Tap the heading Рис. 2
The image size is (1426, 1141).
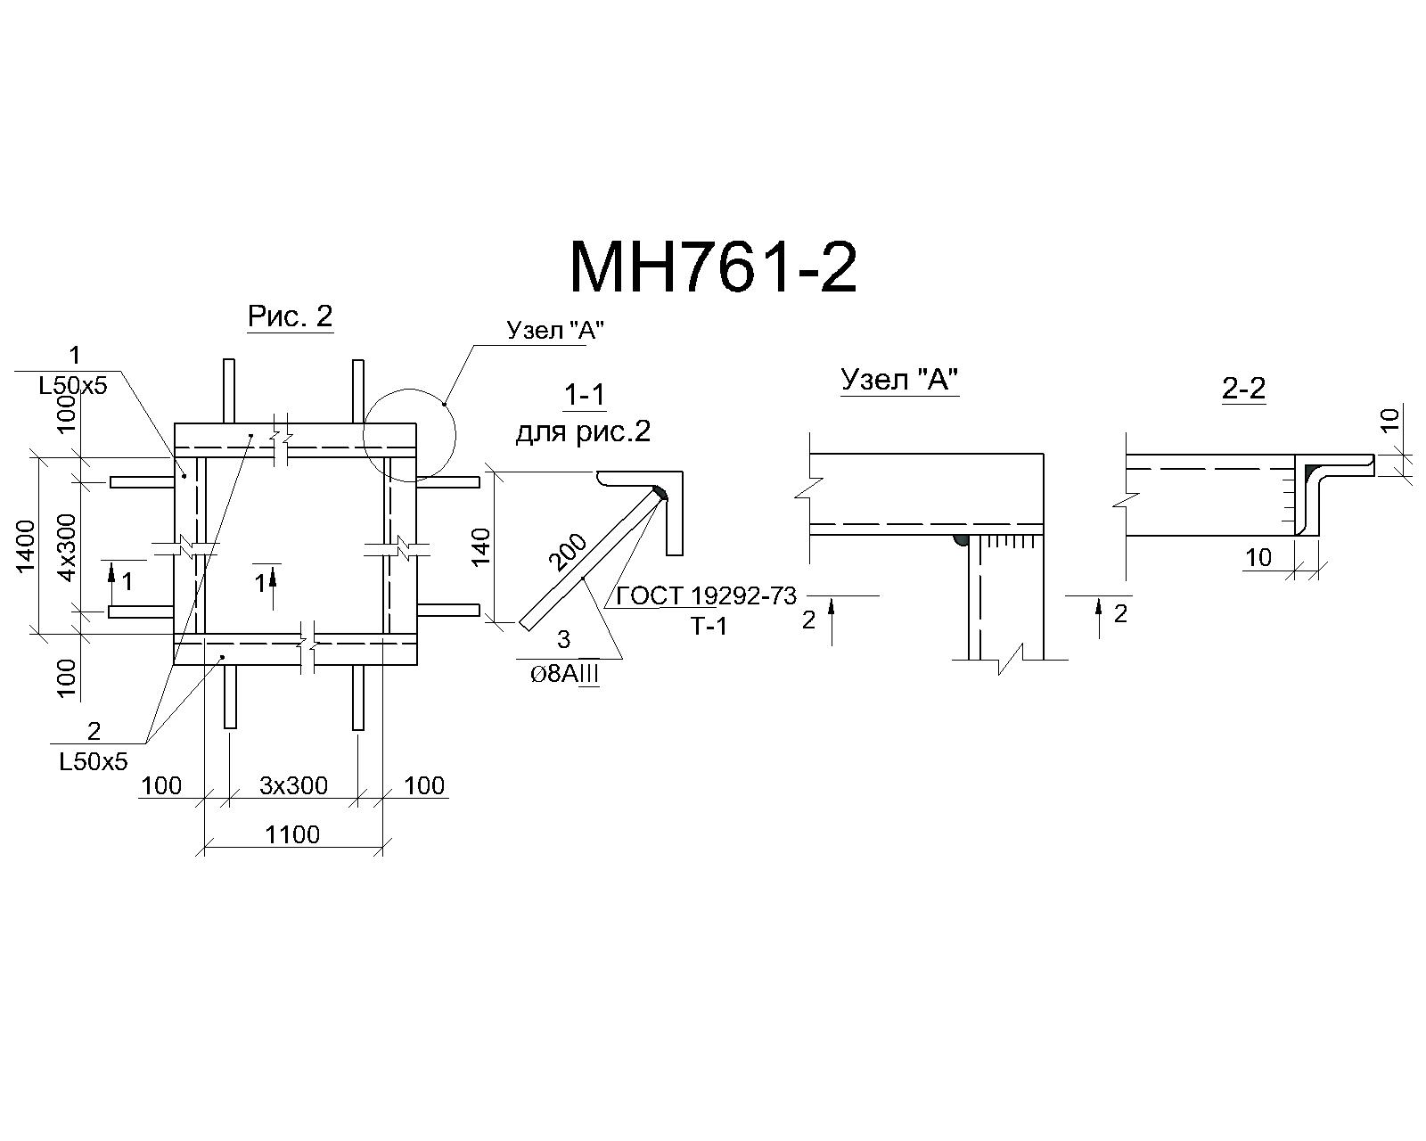[x=291, y=316]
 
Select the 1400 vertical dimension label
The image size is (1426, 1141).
[x=26, y=546]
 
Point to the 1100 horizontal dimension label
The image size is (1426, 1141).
[x=292, y=834]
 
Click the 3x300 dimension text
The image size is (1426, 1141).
[x=293, y=785]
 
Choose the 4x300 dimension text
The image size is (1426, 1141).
[x=68, y=547]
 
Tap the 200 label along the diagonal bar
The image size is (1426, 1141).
[x=568, y=552]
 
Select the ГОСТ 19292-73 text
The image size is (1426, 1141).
[x=706, y=596]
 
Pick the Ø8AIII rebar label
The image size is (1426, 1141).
[x=565, y=675]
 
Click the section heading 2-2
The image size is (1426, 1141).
[x=1244, y=390]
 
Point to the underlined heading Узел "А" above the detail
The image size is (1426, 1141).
[x=900, y=380]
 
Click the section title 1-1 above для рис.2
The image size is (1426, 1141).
[x=584, y=395]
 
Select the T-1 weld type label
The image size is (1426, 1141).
[x=709, y=627]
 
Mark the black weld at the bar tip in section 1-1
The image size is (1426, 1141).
[x=660, y=493]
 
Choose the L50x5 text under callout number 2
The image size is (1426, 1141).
[x=94, y=762]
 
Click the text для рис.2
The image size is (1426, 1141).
[x=583, y=433]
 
